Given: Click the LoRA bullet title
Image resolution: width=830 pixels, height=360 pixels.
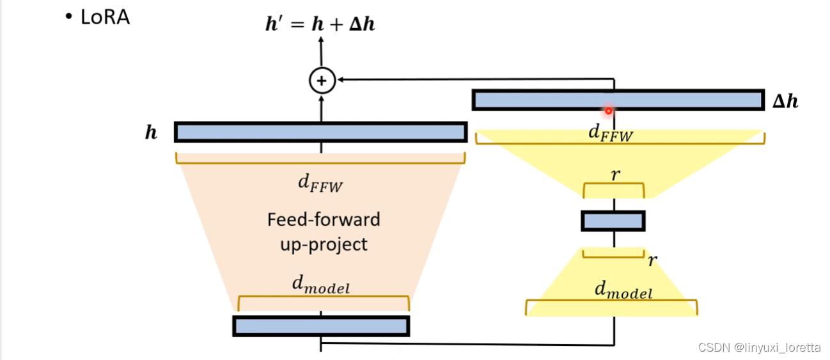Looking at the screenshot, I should pos(97,17).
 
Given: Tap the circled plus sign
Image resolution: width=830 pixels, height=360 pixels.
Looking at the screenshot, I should pos(322,80).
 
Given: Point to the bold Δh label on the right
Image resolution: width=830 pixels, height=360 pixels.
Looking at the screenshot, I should pos(785,101).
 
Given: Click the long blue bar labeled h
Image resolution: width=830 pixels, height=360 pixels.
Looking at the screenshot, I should pos(321,132).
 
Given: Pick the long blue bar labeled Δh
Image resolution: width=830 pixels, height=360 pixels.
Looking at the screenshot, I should pos(618,100).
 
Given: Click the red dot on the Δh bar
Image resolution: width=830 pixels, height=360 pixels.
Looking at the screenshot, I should pos(608,111).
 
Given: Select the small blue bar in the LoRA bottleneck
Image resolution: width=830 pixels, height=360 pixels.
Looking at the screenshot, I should pos(613,221).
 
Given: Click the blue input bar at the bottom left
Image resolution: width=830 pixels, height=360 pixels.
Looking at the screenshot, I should pos(321,326).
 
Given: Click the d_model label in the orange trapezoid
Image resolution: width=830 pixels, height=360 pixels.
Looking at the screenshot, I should pos(321,285).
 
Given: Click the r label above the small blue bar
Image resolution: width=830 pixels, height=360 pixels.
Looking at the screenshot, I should pos(615,174).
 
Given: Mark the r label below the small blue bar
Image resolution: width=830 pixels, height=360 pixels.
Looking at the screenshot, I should pos(652,260).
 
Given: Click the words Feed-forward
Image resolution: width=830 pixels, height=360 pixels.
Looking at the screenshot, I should pos(323,219).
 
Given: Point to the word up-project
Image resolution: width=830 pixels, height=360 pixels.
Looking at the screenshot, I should pos(324,244).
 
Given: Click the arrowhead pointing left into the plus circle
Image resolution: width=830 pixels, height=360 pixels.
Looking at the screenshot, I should pos(341,80).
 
